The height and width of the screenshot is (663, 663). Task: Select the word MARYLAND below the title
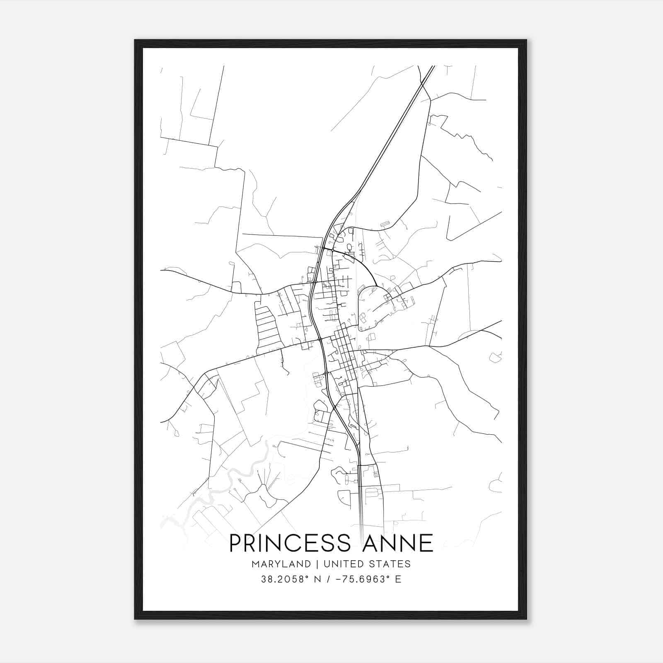[281, 564]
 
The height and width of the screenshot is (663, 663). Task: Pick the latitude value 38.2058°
[285, 579]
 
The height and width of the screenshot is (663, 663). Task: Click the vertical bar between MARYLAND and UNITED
[317, 564]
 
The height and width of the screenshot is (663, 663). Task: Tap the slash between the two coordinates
[328, 579]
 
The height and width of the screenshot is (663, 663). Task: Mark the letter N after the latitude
[318, 579]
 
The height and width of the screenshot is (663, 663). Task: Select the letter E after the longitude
[398, 579]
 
